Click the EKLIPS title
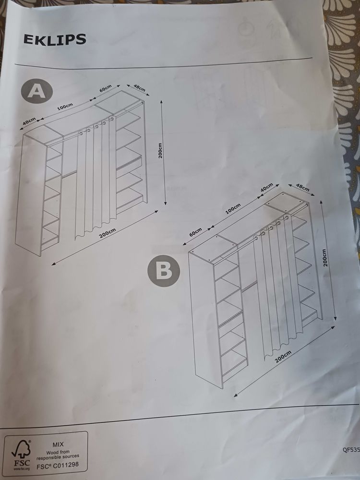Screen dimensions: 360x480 [55, 39]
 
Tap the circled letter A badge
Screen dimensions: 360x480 [37, 91]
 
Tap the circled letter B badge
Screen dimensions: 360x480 [164, 271]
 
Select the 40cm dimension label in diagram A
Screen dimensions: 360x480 [29, 121]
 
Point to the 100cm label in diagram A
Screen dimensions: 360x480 [65, 107]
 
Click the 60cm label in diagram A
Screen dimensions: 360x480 [105, 88]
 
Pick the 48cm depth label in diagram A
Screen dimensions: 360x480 [139, 88]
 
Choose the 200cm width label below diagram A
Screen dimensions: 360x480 [108, 234]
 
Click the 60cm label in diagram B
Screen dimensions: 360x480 [196, 232]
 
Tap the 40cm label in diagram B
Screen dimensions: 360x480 [266, 188]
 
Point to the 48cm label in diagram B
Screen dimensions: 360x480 [302, 188]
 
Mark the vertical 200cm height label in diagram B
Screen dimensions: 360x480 [325, 257]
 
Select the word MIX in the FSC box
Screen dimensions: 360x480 [58, 444]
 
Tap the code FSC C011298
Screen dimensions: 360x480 [58, 465]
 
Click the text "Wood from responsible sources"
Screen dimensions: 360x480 [58, 455]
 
